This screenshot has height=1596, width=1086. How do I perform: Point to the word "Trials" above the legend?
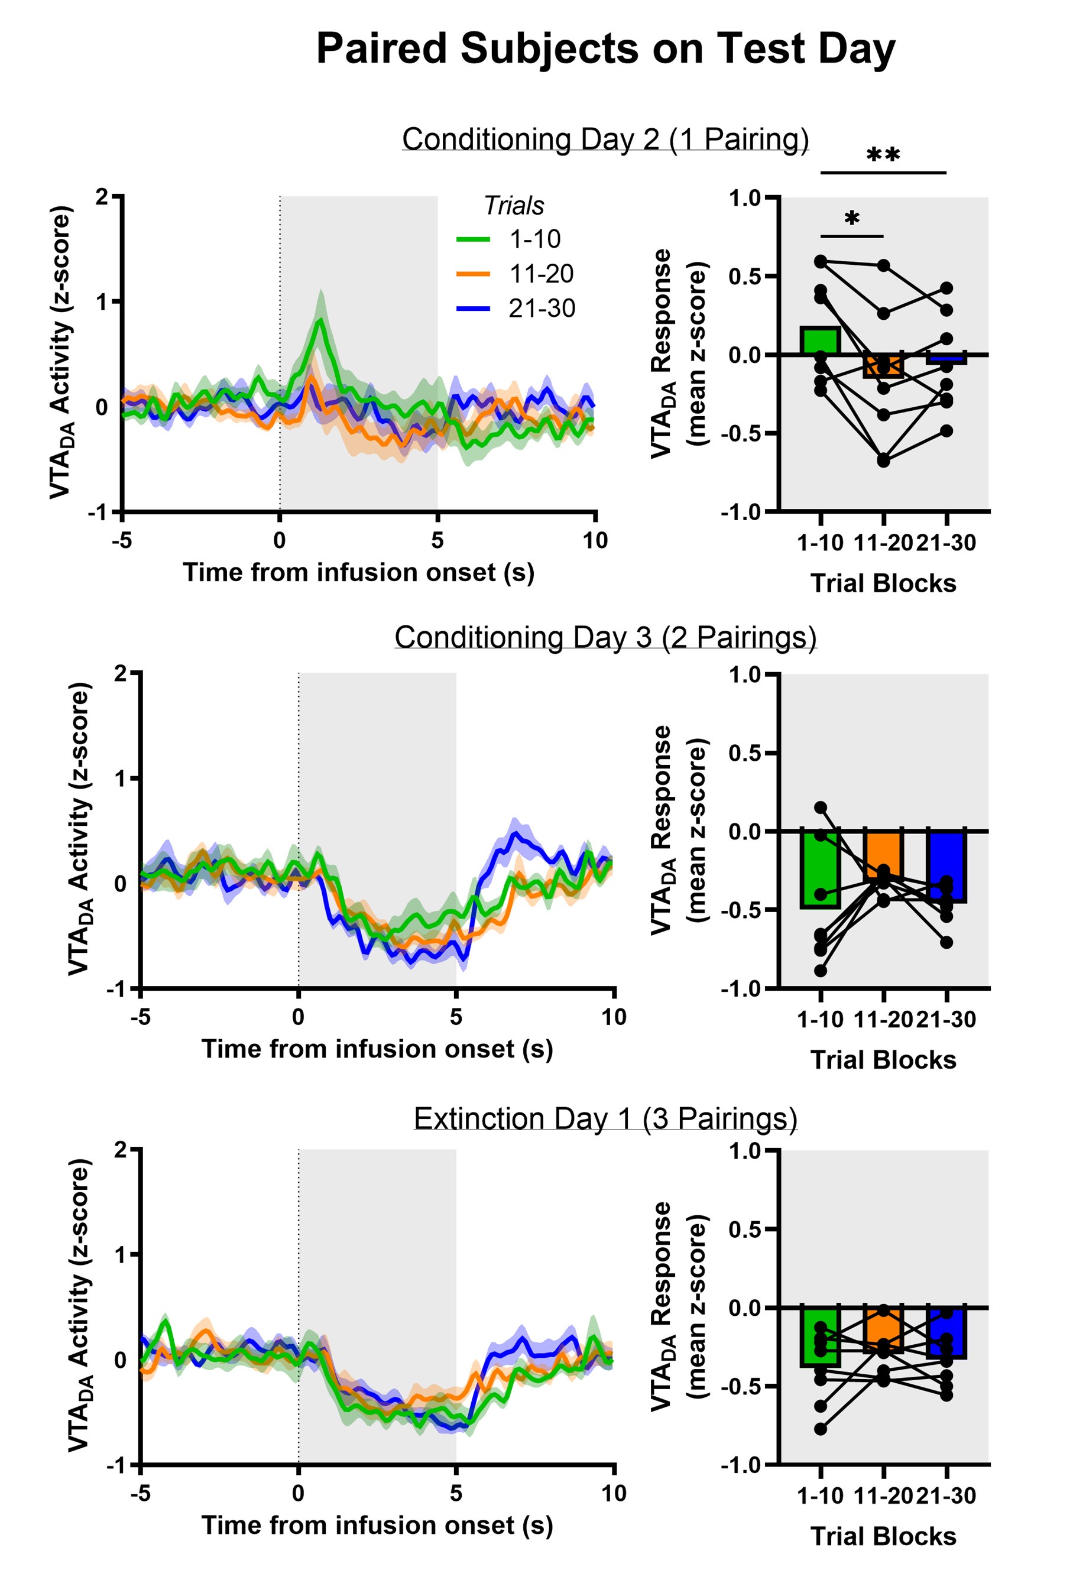coord(513,205)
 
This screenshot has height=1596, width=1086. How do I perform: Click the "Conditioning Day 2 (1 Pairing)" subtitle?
coord(605,140)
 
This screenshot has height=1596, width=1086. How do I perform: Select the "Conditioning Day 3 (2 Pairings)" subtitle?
coord(605,637)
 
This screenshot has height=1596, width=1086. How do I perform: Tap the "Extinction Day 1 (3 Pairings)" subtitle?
coord(605,1119)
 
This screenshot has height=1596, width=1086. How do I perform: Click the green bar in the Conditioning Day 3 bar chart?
coord(820,869)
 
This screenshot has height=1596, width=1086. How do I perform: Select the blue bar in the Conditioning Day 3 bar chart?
coord(946,865)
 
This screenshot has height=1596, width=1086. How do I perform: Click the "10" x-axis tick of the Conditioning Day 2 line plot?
coord(595,541)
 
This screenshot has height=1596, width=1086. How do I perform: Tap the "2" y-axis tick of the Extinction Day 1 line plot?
coord(121,1150)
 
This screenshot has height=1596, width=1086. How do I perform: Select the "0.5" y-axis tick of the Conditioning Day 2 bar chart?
coord(745,276)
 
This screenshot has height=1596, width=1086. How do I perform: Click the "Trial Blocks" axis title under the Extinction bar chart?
coord(883,1536)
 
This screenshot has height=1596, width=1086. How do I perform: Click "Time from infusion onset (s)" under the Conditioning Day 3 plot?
coord(377,1049)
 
